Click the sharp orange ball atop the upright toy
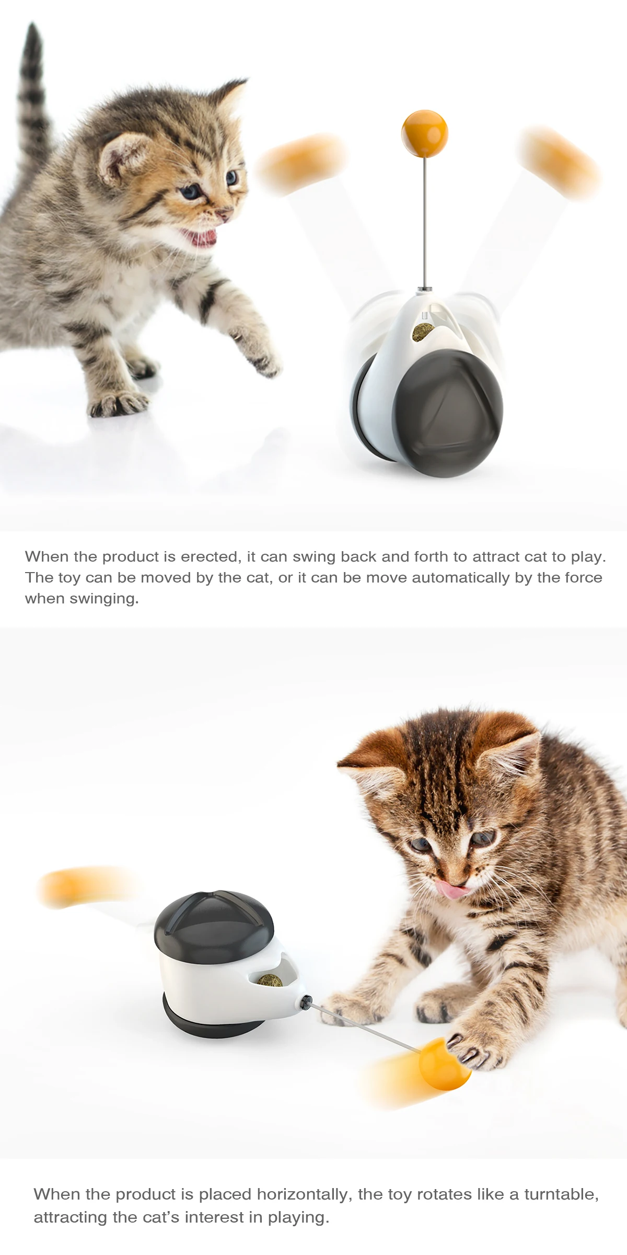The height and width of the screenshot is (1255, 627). point(425,133)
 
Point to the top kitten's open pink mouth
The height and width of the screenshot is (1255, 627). point(201,238)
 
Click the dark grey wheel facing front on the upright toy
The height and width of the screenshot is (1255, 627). point(448,413)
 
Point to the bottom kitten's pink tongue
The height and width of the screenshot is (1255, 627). point(452,888)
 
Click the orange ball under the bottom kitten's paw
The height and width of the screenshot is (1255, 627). point(444,1065)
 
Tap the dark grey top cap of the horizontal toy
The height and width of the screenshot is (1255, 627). point(214,926)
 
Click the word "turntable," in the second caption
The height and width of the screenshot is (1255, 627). point(561,1194)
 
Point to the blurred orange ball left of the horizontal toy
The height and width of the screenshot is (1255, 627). point(84,886)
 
